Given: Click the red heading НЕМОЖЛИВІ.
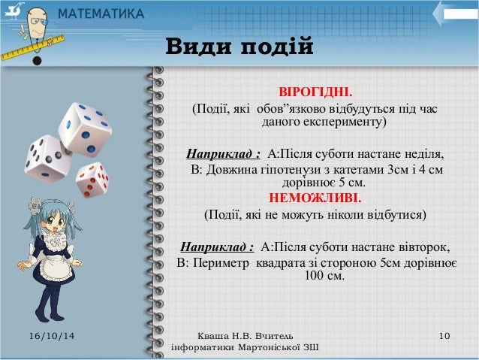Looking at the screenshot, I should (315, 199).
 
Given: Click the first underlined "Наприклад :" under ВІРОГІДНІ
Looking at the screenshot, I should (223, 155).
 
